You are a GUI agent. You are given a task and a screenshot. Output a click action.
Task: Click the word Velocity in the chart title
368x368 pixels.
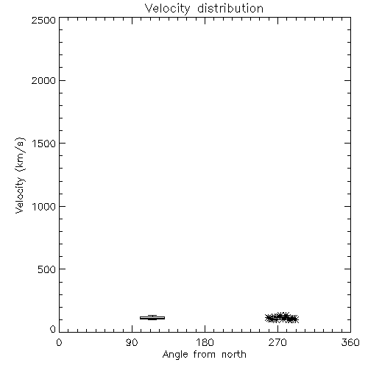coord(167,9)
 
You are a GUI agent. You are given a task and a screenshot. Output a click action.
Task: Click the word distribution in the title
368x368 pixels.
coord(230,8)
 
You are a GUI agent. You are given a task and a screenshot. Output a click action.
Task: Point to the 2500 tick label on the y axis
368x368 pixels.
coord(43,20)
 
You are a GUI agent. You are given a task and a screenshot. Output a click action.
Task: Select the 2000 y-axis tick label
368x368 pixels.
coord(43,80)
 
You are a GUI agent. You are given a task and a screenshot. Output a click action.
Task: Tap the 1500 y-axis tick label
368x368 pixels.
coord(44,144)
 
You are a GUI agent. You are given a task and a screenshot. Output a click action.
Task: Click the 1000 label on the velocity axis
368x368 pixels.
coord(44,207)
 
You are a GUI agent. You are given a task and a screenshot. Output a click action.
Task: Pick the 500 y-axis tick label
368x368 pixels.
coord(46,269)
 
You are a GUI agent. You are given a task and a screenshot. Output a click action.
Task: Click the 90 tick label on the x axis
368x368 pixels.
coord(132,342)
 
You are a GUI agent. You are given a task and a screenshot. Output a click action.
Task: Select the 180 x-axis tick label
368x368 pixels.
coord(205,342)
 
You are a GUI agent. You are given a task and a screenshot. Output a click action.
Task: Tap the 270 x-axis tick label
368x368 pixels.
coord(277,342)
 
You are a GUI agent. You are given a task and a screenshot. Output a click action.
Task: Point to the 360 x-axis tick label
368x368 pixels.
coord(350,342)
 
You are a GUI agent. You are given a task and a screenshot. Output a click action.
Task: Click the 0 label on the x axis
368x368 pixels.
coord(59,342)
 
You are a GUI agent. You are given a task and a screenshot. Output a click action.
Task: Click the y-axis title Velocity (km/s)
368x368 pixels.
coord(20,175)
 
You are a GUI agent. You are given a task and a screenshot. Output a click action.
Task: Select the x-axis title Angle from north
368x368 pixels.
coord(205,355)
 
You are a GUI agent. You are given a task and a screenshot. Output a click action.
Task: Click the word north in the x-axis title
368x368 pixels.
coord(234,355)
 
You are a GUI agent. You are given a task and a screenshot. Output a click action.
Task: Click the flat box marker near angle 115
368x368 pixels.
coord(152,318)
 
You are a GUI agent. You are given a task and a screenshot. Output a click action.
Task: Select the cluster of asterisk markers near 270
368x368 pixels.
coord(282,318)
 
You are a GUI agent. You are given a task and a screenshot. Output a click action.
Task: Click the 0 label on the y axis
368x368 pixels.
coord(53,329)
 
